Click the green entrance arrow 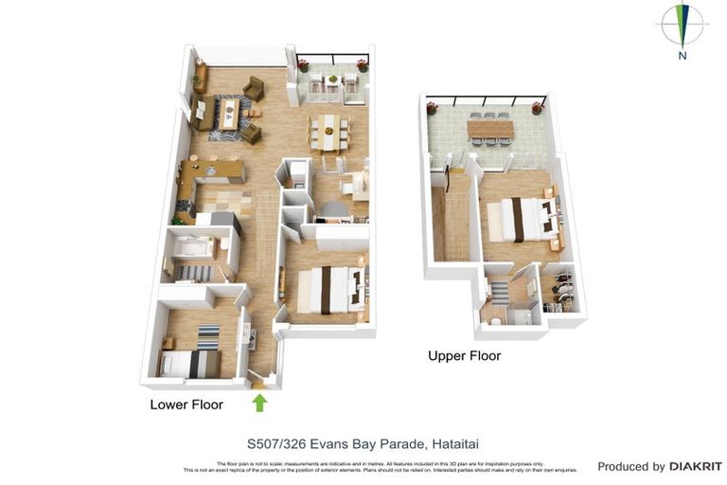click(259, 403)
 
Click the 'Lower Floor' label click(186, 404)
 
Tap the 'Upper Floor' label click(464, 356)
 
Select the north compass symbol click(682, 28)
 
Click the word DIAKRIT click(696, 466)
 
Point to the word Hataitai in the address click(460, 442)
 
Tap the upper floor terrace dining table click(489, 127)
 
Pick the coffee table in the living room click(230, 113)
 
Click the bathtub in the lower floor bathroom click(191, 249)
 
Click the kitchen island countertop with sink click(212, 171)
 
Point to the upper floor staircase click(456, 223)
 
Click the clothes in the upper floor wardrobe click(561, 292)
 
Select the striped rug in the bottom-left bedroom click(208, 336)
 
